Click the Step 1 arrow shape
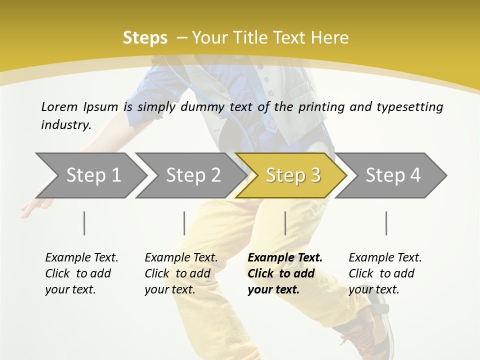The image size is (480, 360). (92, 175)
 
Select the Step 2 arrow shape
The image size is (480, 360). (192, 175)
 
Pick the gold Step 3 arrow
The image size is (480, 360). (292, 175)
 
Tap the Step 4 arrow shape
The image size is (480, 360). (392, 175)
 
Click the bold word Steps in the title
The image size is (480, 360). (145, 38)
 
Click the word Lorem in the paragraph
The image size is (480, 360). (59, 106)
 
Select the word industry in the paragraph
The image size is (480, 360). (65, 124)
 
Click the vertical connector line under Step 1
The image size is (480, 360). (84, 223)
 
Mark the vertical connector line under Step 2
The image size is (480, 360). (184, 223)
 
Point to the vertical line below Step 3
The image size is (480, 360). (285, 223)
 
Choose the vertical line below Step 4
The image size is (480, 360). (386, 223)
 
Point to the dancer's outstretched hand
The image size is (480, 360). (35, 205)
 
